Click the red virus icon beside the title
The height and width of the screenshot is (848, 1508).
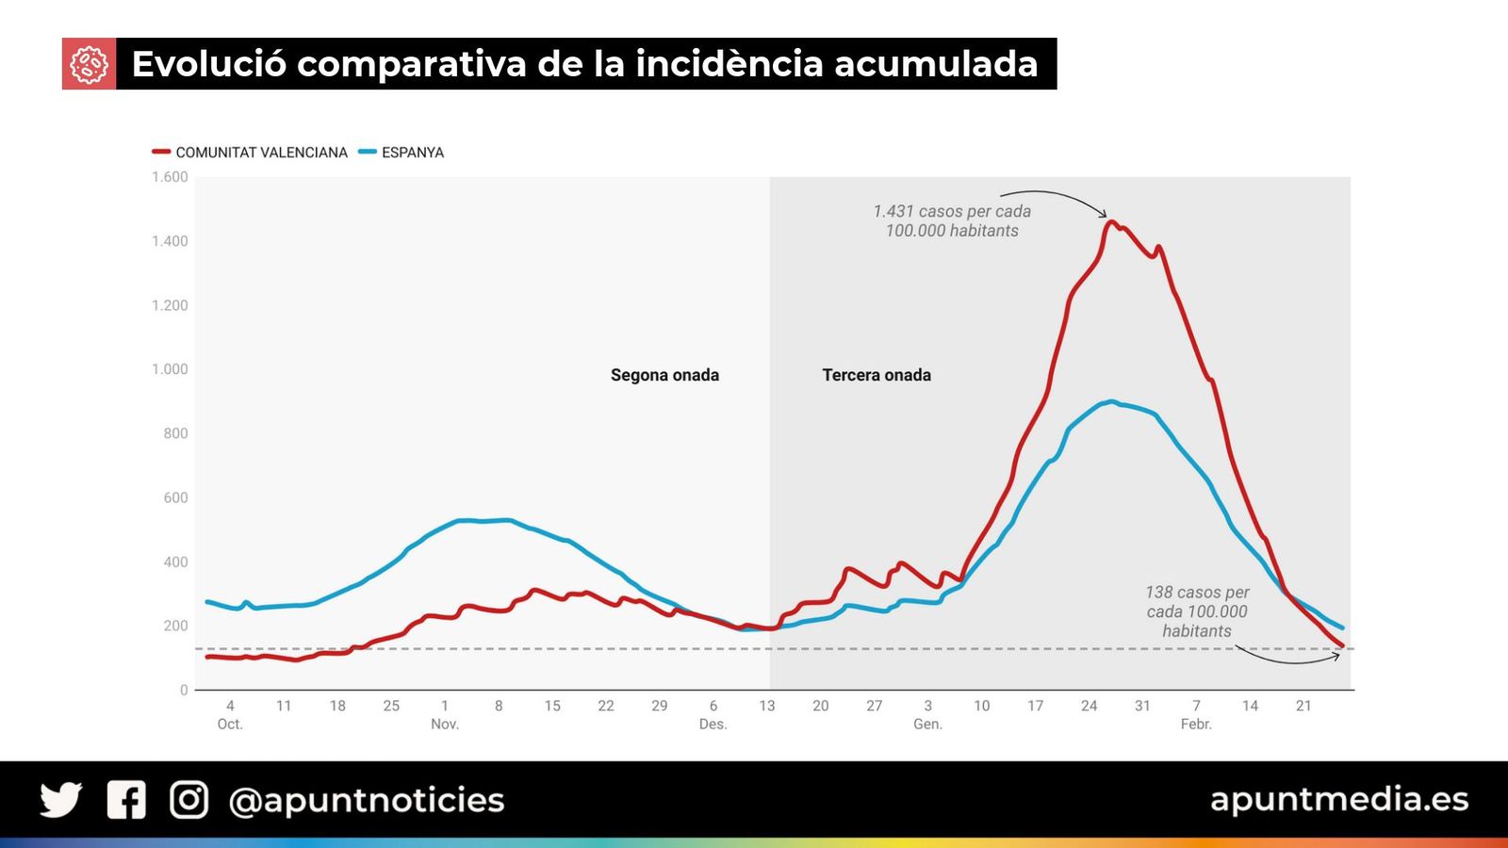(89, 64)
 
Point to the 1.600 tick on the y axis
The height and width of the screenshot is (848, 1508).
(170, 177)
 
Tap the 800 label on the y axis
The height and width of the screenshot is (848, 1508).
(175, 433)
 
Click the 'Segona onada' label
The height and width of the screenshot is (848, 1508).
(664, 375)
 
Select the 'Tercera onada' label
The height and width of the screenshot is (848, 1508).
(877, 375)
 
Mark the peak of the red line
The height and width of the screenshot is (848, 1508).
(1111, 222)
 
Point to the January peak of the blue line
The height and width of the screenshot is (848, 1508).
(1112, 401)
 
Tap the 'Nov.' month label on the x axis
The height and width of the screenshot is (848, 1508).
(445, 725)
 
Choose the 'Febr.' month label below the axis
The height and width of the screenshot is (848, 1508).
(1196, 725)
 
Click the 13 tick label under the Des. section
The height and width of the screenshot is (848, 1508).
(767, 706)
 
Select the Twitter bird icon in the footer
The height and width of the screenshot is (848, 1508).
(61, 800)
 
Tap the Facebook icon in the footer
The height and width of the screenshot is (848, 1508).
(126, 800)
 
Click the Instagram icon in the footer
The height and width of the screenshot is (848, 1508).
(188, 800)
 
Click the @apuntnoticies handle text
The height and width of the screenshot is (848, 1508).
(367, 800)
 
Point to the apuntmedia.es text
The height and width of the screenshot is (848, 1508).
(1339, 799)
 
